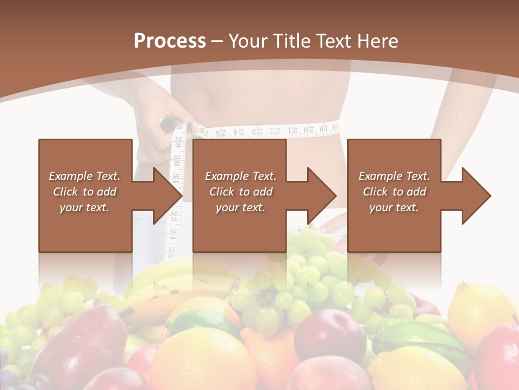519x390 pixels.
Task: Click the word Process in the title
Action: click(170, 41)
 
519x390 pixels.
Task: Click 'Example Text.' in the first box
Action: click(85, 176)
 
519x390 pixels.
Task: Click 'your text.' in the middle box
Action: click(240, 207)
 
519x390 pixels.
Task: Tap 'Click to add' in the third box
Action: click(394, 192)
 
